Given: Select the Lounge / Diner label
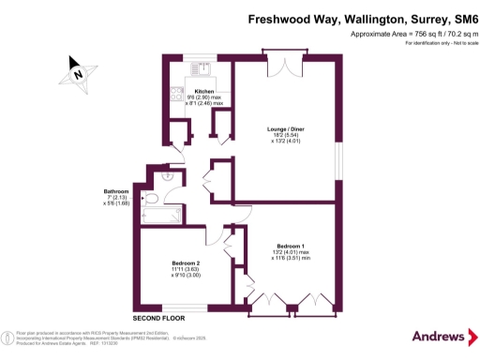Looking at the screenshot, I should (283, 129).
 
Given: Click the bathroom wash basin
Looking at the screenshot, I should (169, 172).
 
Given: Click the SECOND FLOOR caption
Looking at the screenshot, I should (158, 319).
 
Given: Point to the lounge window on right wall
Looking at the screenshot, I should (341, 158).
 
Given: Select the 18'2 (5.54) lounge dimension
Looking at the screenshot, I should (283, 136).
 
